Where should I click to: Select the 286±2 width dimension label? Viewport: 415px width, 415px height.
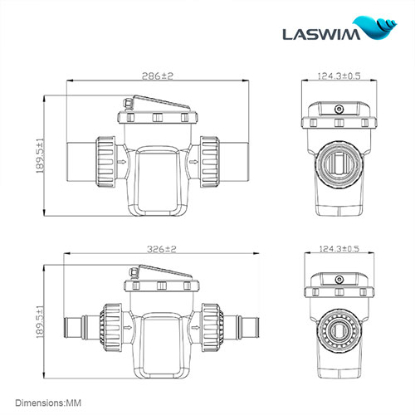pos(156,76)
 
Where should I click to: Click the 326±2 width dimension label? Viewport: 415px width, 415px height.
pos(156,248)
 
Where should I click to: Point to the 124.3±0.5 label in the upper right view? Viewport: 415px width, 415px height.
pos(339,76)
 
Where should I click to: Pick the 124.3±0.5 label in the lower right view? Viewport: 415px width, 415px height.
pos(339,248)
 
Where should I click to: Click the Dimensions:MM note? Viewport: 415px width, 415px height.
pos(51,401)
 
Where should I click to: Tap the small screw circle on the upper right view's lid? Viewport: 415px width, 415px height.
pos(338,109)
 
